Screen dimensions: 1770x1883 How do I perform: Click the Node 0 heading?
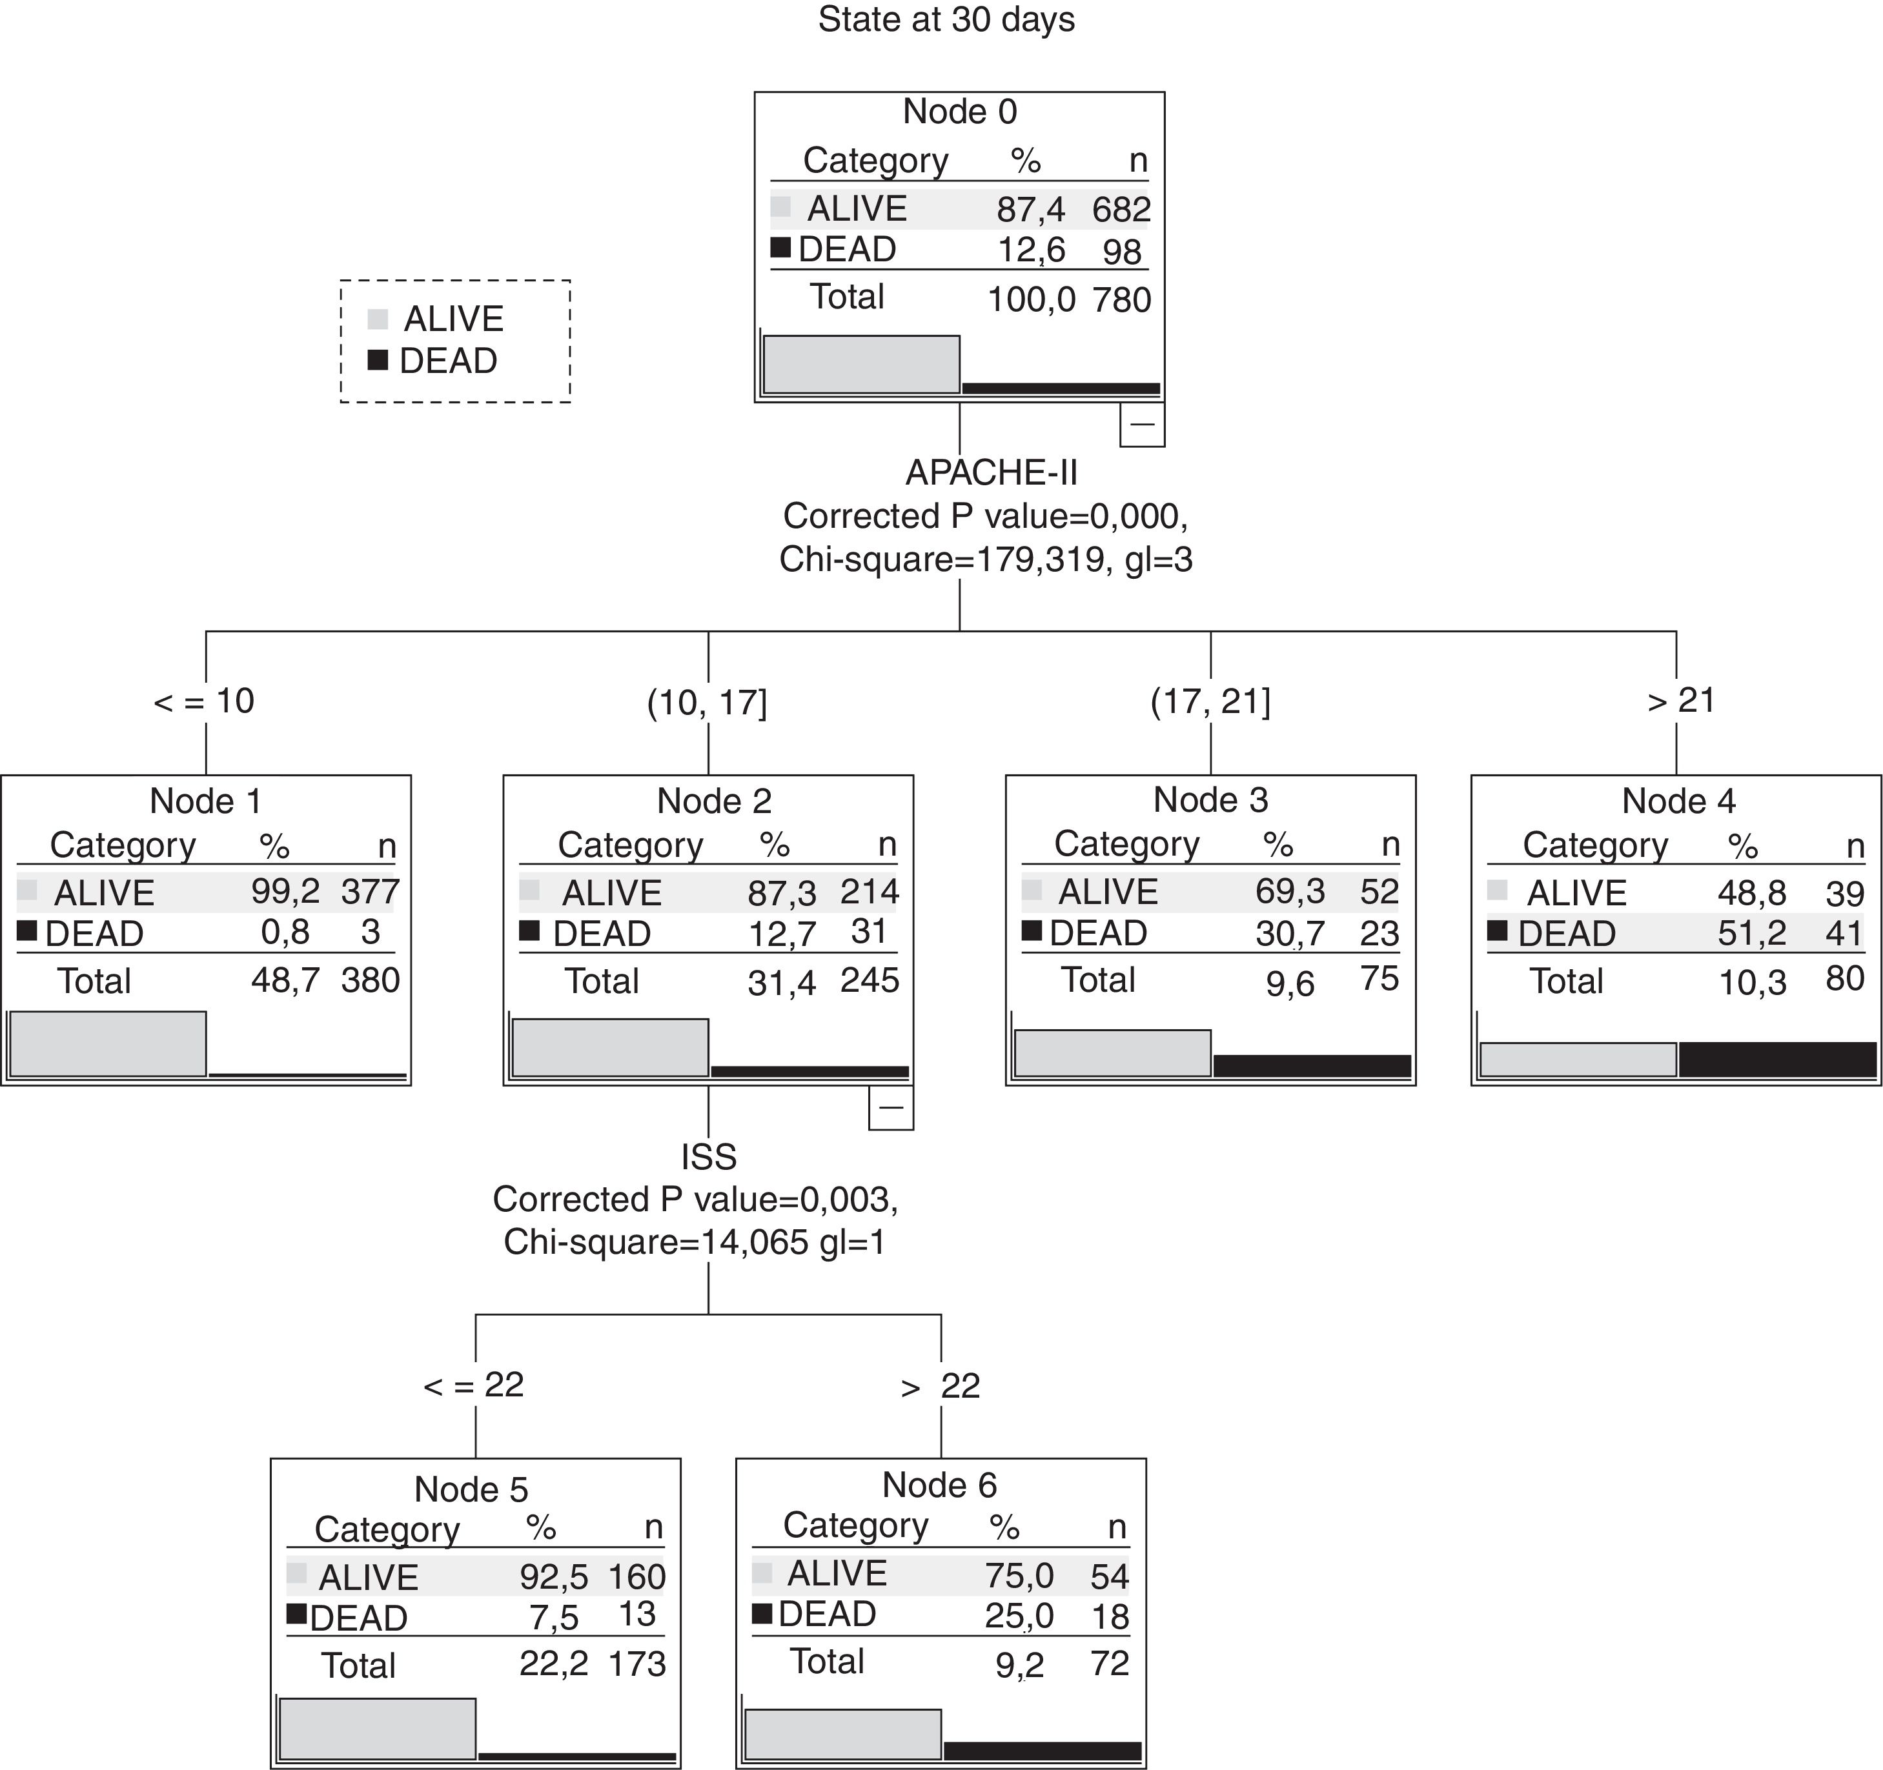pos(959,112)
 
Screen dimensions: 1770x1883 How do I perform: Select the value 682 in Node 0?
pos(1121,209)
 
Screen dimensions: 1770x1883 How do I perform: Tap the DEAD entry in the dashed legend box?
pos(447,361)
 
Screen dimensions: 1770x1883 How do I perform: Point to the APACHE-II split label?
pos(991,472)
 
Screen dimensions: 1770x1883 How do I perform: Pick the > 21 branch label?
pos(1681,701)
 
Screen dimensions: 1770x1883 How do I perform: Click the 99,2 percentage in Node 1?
pos(285,891)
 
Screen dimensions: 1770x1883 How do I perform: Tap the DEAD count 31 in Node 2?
pos(868,932)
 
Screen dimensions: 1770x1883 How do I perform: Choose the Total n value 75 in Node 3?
pos(1379,978)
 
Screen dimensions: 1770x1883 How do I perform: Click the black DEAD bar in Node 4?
pos(1777,1059)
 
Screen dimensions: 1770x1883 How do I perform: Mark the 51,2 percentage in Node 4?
pos(1751,934)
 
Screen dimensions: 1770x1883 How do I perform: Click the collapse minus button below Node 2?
pos(890,1108)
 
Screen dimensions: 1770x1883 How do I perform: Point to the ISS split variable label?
pos(709,1157)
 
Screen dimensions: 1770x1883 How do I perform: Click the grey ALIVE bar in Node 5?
pos(378,1729)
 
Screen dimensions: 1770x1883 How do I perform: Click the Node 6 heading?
pos(939,1485)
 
